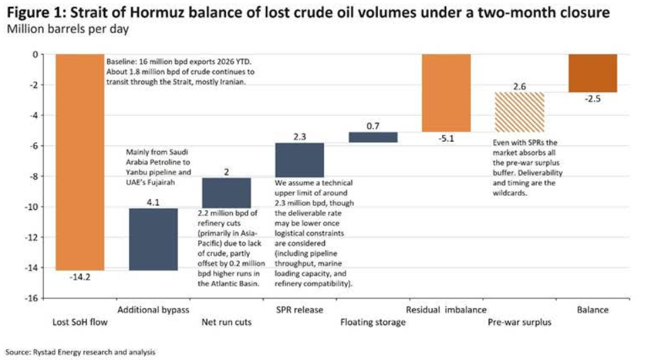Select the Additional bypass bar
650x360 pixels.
point(153,239)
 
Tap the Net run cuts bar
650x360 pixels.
point(227,193)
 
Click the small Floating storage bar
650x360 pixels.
point(373,137)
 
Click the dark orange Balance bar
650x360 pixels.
point(593,73)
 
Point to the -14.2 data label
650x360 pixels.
point(80,276)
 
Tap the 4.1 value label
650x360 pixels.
point(153,201)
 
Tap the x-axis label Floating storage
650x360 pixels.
point(373,322)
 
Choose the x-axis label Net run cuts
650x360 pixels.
point(227,322)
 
